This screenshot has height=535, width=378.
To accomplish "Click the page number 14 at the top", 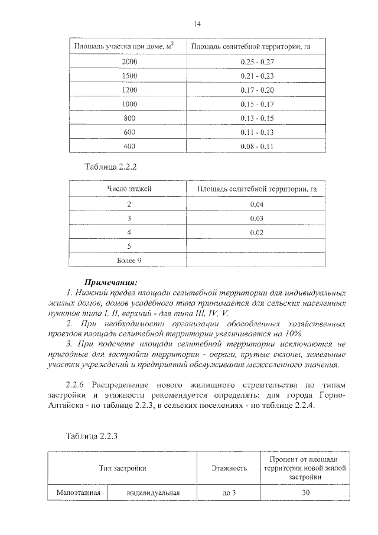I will (197, 24).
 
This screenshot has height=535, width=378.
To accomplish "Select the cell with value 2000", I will (129, 61).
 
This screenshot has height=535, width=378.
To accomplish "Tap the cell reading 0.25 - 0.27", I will (257, 61).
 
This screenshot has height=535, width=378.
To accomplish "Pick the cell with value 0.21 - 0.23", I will (257, 76).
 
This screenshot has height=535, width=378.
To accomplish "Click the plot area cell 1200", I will (129, 90).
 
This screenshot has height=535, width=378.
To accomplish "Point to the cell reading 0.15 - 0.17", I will (257, 104).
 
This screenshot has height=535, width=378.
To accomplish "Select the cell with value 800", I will (129, 118).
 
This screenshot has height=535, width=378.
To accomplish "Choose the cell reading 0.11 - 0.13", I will (257, 132).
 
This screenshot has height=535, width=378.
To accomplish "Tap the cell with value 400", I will (129, 146).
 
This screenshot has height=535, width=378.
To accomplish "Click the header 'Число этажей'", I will (129, 189).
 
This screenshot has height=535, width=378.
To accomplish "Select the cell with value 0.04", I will (256, 204).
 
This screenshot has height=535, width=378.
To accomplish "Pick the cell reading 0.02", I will (256, 232).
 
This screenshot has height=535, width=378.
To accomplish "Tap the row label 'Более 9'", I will (129, 260).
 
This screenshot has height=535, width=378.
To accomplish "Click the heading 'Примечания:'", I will (110, 282).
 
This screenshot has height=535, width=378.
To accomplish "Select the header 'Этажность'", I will (229, 468).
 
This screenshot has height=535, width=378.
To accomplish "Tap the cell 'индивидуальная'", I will (152, 492).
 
